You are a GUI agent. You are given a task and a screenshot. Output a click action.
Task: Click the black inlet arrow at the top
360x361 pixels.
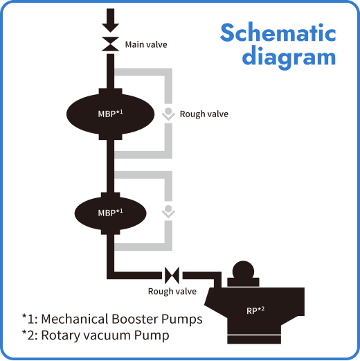[x=110, y=19]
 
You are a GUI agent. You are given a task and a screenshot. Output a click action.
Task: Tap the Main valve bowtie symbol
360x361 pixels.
[x=110, y=45]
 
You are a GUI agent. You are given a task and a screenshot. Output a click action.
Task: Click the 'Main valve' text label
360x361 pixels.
[x=145, y=45]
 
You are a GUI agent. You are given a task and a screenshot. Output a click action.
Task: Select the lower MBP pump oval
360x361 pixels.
[x=111, y=212]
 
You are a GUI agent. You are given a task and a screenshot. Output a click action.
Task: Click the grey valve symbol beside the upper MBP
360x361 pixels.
[x=168, y=114]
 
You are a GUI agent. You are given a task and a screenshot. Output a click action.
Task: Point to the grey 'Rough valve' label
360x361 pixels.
[x=204, y=114]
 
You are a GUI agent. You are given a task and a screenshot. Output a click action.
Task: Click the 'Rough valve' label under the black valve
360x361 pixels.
[x=172, y=291]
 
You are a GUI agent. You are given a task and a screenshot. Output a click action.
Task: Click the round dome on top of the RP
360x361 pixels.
[x=242, y=272]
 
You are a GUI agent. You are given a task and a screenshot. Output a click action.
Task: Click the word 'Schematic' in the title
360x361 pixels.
[x=278, y=33]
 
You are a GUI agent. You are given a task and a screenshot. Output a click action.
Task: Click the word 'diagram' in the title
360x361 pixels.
[x=289, y=56]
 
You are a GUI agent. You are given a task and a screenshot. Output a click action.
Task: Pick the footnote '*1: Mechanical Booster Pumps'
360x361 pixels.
[x=112, y=319]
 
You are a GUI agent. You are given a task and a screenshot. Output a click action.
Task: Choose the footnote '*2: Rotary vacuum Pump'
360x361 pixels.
[x=96, y=336]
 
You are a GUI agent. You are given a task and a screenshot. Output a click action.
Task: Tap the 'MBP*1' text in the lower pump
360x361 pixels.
[x=111, y=212]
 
